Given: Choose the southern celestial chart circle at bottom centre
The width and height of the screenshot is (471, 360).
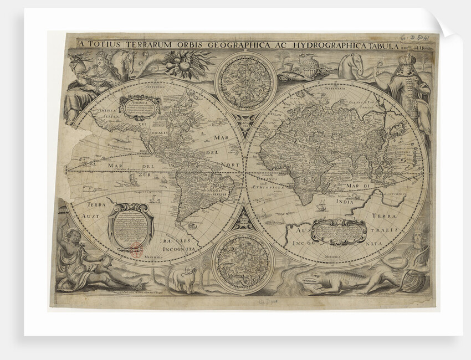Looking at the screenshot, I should tap(243, 260).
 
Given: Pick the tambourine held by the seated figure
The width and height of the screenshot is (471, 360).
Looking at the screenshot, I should tap(103, 261).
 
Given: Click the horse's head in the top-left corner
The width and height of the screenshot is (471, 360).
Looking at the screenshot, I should tap(125, 60).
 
